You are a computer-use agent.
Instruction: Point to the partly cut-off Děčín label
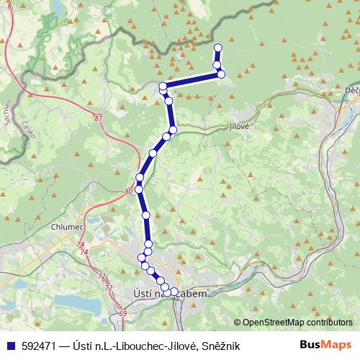tap(351, 89)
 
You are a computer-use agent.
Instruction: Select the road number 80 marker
tap(128, 191)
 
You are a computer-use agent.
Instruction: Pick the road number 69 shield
tap(122, 314)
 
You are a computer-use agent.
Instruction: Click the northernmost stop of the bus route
tap(218, 48)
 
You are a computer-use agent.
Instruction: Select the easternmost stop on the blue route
tap(221, 74)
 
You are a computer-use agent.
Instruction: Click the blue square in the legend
tap(11, 346)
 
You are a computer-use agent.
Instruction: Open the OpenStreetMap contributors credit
tap(298, 322)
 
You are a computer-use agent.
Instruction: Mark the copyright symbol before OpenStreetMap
tap(238, 322)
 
